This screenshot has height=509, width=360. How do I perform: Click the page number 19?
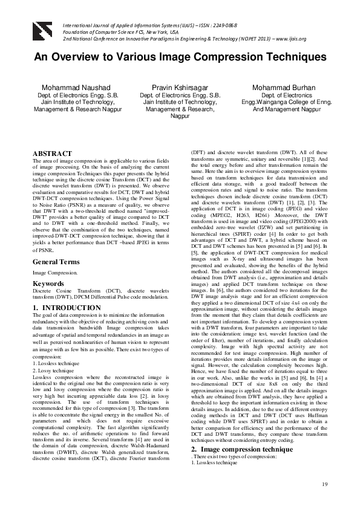[325, 485]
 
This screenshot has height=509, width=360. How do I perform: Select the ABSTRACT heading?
[52, 154]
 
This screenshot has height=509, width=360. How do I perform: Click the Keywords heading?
[48, 283]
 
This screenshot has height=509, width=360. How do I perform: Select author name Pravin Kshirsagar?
[180, 87]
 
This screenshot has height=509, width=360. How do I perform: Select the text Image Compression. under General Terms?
[51, 273]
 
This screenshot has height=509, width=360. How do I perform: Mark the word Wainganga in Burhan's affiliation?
[271, 102]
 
